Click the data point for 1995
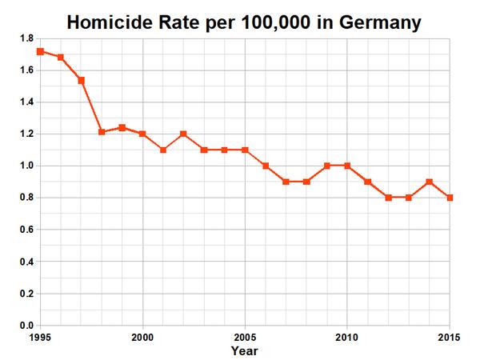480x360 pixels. [40, 51]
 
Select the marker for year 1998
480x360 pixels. [102, 132]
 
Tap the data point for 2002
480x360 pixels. [183, 134]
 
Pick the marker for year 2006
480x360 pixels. [266, 166]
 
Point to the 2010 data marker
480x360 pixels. [347, 166]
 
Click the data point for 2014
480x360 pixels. [430, 182]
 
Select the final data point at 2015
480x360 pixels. [450, 198]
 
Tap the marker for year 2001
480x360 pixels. [163, 150]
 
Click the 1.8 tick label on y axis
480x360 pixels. [26, 38]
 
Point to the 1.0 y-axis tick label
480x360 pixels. [26, 166]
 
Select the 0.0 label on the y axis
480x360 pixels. [26, 326]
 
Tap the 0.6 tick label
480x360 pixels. [26, 230]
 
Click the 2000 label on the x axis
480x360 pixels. [142, 337]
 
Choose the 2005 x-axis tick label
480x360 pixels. [245, 337]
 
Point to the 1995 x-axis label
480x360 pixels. [40, 337]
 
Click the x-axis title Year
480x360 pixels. [245, 350]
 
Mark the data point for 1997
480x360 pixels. [81, 80]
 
